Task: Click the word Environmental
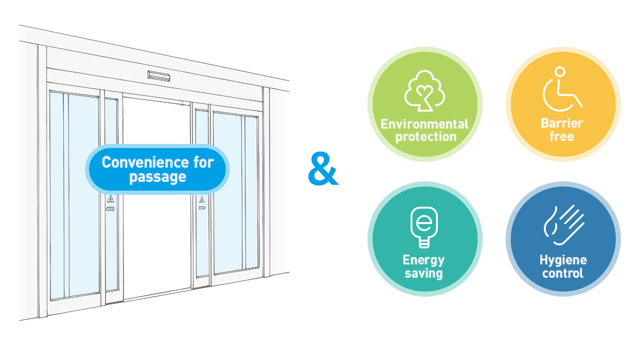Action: tap(424, 124)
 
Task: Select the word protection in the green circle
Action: tap(424, 137)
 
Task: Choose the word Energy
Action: tap(423, 260)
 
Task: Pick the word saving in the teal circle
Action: tap(423, 273)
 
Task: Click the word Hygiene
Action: tap(563, 260)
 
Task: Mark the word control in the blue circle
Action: tap(563, 273)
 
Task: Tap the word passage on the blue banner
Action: tap(157, 177)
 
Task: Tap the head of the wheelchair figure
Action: tap(560, 71)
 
